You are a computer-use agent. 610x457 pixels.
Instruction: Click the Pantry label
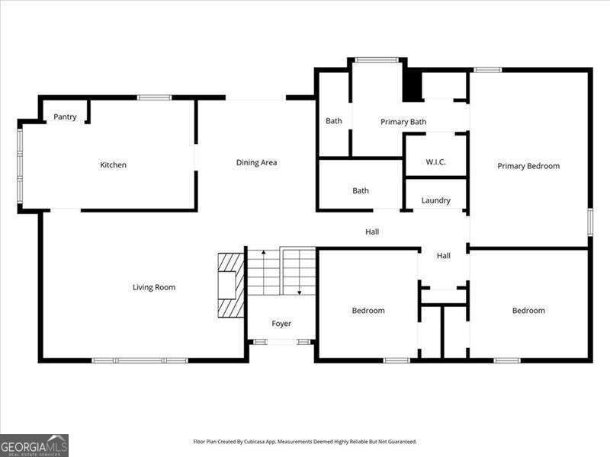click(x=65, y=117)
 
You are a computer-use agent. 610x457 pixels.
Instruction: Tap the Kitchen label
click(x=113, y=165)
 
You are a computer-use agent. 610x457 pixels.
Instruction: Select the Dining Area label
click(x=256, y=162)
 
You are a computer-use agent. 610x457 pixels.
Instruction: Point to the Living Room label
click(x=154, y=287)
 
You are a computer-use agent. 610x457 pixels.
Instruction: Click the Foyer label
click(x=281, y=324)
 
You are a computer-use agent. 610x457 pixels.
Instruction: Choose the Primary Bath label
click(x=403, y=122)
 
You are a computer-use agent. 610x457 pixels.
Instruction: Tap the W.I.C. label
click(x=435, y=162)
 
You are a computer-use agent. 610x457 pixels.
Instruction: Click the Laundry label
click(x=435, y=200)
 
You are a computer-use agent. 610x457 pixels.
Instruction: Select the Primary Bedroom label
click(x=528, y=166)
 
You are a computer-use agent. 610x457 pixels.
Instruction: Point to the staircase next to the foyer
click(x=281, y=272)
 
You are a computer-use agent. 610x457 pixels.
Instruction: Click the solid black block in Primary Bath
click(x=412, y=85)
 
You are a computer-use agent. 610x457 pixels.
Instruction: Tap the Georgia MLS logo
click(x=34, y=445)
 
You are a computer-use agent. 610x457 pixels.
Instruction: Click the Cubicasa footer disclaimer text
click(x=305, y=441)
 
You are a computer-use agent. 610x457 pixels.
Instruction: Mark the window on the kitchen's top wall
click(x=154, y=97)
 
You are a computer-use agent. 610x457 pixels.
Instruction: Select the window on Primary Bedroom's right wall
click(x=589, y=221)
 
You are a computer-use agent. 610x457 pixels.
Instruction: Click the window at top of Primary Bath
click(x=376, y=59)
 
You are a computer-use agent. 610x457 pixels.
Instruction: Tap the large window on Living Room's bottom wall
click(x=140, y=360)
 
